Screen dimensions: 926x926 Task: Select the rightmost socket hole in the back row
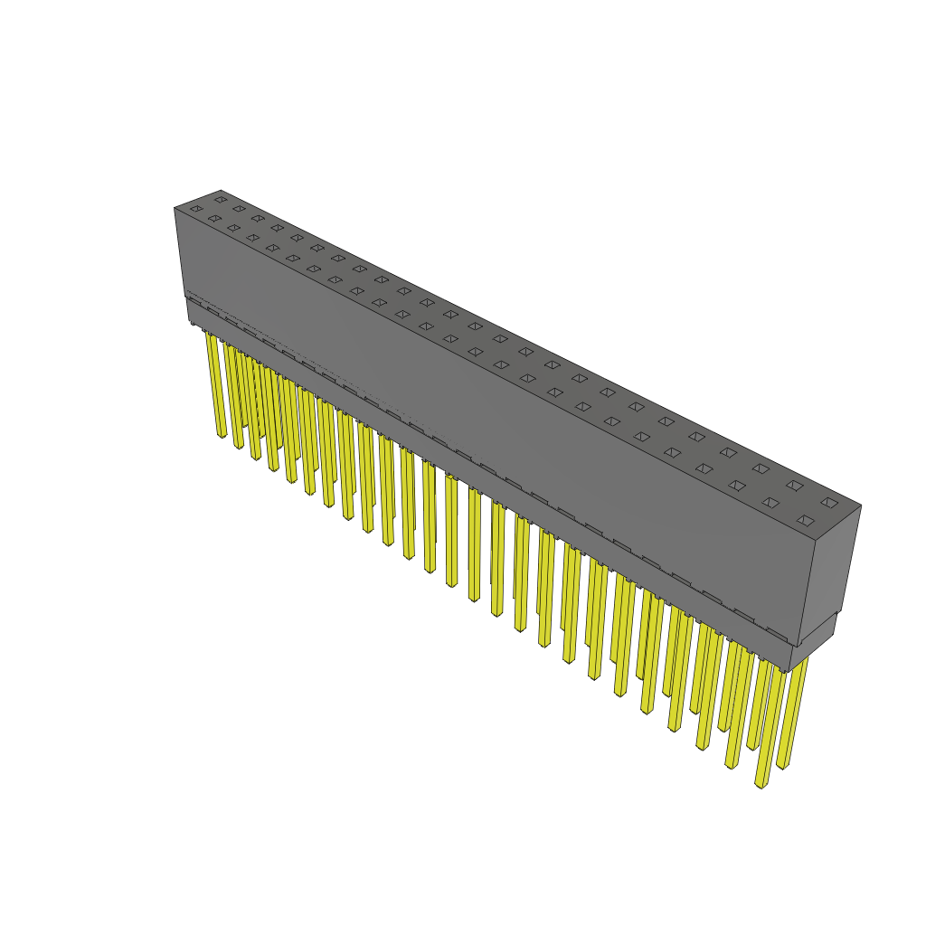tap(829, 502)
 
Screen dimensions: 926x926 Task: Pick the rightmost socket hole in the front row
tap(805, 520)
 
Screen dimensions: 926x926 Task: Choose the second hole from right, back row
tap(795, 486)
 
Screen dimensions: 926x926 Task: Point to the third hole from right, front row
tap(737, 486)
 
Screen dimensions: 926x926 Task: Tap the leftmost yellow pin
tap(215, 384)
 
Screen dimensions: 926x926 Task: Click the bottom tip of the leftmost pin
tap(222, 436)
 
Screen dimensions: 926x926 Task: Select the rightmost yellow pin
tap(793, 714)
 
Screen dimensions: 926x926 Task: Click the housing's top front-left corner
tap(175, 209)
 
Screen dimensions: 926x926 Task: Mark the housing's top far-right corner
tap(861, 506)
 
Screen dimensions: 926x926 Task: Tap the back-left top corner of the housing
tap(221, 191)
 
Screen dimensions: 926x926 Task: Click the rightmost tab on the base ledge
tap(776, 632)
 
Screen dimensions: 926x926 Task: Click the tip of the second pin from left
tap(240, 446)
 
